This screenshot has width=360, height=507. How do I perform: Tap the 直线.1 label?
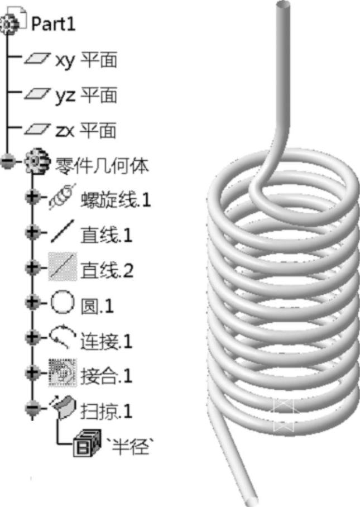107,235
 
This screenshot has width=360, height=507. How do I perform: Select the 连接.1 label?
107,341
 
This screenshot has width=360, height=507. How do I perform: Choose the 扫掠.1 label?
107,412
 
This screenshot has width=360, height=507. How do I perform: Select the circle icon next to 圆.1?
61,305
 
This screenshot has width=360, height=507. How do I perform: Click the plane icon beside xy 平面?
37,60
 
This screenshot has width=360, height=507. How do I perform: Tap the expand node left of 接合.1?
32,373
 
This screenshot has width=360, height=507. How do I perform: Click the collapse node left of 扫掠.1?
32,408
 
